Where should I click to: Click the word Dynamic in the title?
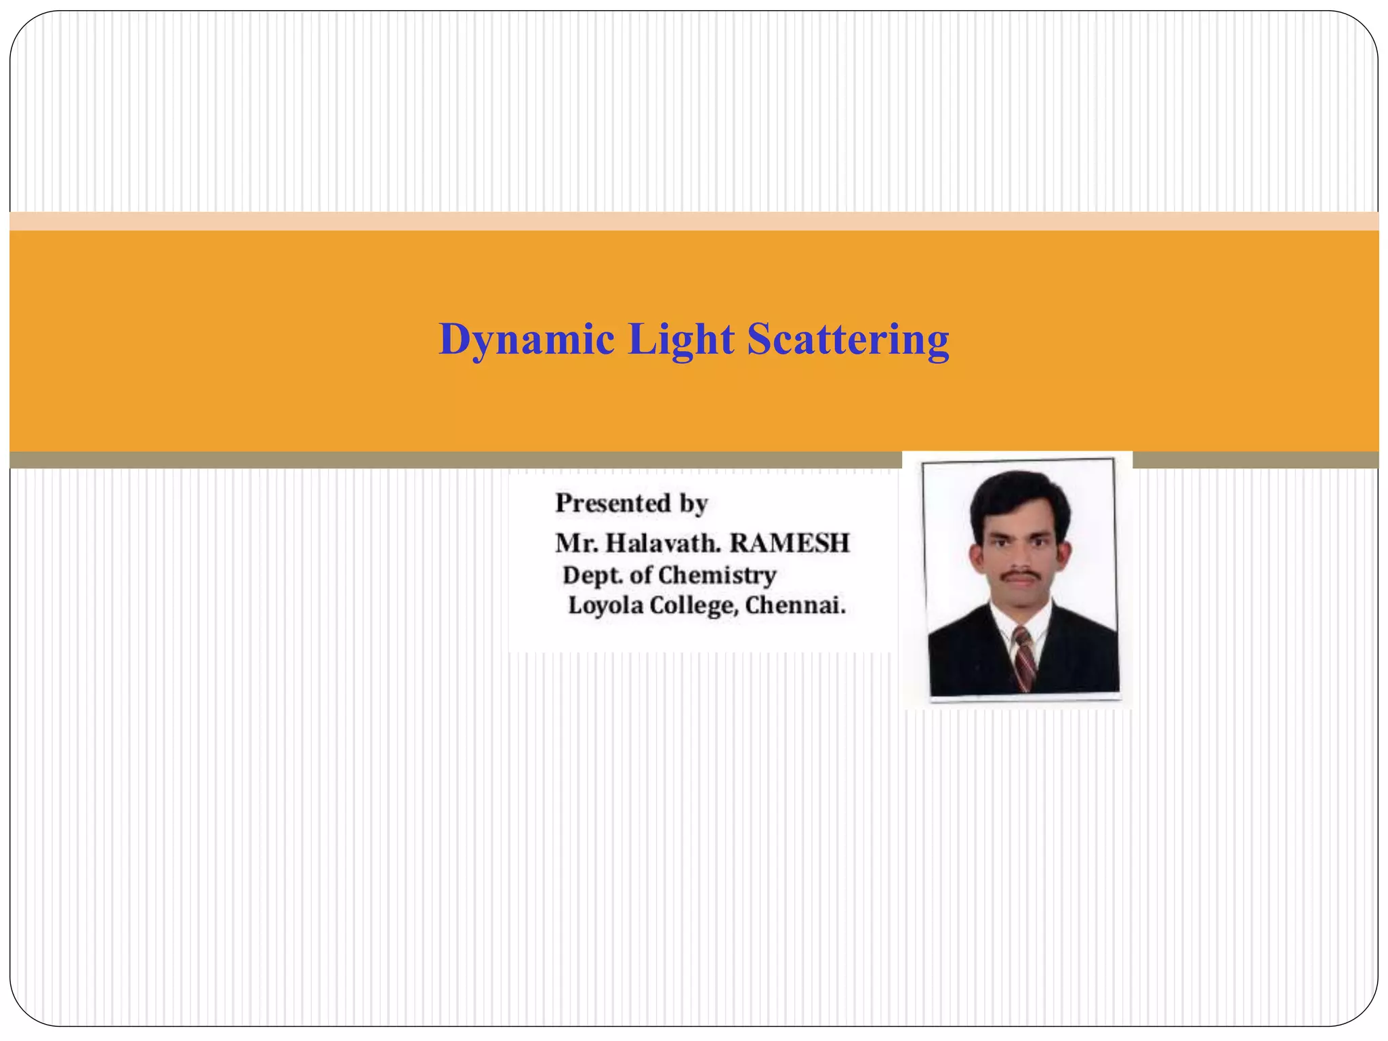click(x=526, y=340)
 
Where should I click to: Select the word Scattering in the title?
click(x=848, y=340)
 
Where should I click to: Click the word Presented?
click(x=613, y=504)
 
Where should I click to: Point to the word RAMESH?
click(x=790, y=544)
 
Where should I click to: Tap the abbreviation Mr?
click(x=576, y=544)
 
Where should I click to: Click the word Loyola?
click(x=605, y=605)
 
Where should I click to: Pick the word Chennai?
click(x=795, y=605)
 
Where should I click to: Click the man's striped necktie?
click(x=1023, y=658)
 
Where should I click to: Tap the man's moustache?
click(x=1021, y=575)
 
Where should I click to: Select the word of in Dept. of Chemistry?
click(x=640, y=575)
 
